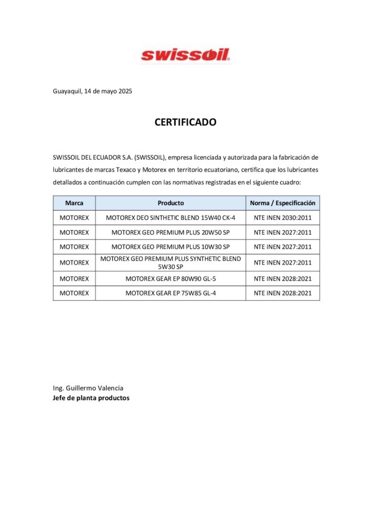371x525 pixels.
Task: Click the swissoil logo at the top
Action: [x=185, y=55]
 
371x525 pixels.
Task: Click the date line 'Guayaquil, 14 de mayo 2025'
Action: [x=92, y=91]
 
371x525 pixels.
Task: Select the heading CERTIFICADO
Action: [x=185, y=122]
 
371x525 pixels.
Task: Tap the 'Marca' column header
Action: [x=74, y=203]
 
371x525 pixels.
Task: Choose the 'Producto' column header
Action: [x=171, y=203]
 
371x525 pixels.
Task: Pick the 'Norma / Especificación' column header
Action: [x=282, y=203]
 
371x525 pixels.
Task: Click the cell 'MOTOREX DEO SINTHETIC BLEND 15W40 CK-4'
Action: [x=171, y=217]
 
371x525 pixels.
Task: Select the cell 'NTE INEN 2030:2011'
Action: [x=282, y=217]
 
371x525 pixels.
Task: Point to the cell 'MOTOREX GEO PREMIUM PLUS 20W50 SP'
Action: [x=171, y=232]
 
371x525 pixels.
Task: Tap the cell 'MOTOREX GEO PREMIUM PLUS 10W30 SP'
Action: [x=171, y=247]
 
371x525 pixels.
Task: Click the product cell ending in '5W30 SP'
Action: [x=171, y=262]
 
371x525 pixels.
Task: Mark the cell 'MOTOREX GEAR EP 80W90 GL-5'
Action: [x=171, y=279]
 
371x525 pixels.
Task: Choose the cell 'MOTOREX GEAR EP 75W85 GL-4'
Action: [x=171, y=293]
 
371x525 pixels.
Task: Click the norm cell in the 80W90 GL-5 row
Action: [x=282, y=279]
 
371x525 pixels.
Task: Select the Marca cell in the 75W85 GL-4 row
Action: [x=74, y=293]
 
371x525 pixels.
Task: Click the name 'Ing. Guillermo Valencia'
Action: [x=88, y=388]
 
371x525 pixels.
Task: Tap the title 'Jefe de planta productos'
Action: [x=91, y=398]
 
